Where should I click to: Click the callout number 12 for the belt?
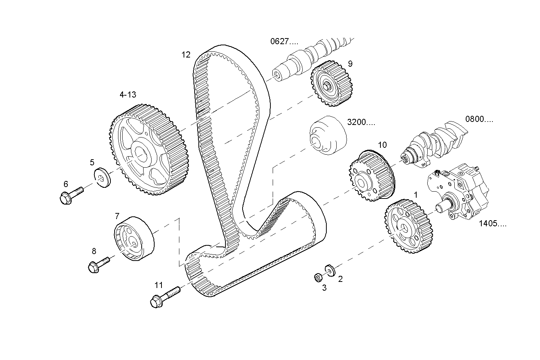point(185,55)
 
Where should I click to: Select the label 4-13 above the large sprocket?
point(128,95)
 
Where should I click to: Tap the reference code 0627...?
point(284,41)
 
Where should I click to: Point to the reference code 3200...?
point(361,122)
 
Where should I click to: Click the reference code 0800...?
point(479,119)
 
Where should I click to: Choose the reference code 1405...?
point(492,224)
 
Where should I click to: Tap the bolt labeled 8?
point(98,264)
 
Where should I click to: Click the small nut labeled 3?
point(316,277)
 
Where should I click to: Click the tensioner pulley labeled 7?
point(134,238)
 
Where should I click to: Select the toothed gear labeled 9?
point(332,84)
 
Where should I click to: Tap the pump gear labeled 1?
point(410,226)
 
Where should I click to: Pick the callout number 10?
point(382,145)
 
